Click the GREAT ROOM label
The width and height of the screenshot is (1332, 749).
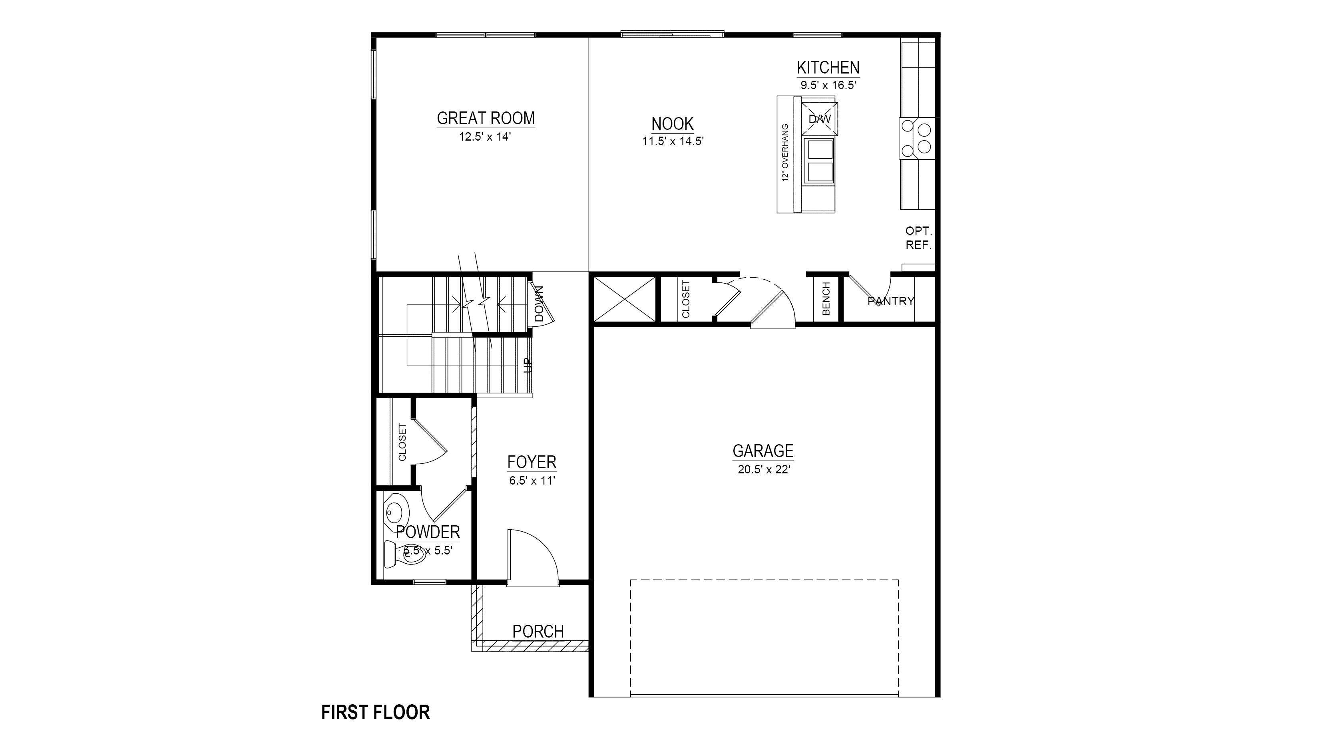486,118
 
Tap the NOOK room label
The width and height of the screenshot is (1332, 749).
672,124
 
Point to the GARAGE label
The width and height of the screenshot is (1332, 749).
763,451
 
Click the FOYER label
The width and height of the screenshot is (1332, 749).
532,462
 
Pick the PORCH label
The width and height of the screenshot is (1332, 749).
538,631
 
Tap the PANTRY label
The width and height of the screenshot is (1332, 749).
890,301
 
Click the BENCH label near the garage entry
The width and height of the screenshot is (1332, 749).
826,299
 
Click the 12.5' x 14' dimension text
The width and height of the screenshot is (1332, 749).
485,137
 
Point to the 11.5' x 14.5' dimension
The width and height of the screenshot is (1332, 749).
673,141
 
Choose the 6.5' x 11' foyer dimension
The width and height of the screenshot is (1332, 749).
532,481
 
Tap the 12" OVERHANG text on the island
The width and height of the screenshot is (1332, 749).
785,153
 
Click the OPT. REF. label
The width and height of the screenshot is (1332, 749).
918,238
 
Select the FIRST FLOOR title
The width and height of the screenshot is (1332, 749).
375,712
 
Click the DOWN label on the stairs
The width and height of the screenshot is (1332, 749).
540,304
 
